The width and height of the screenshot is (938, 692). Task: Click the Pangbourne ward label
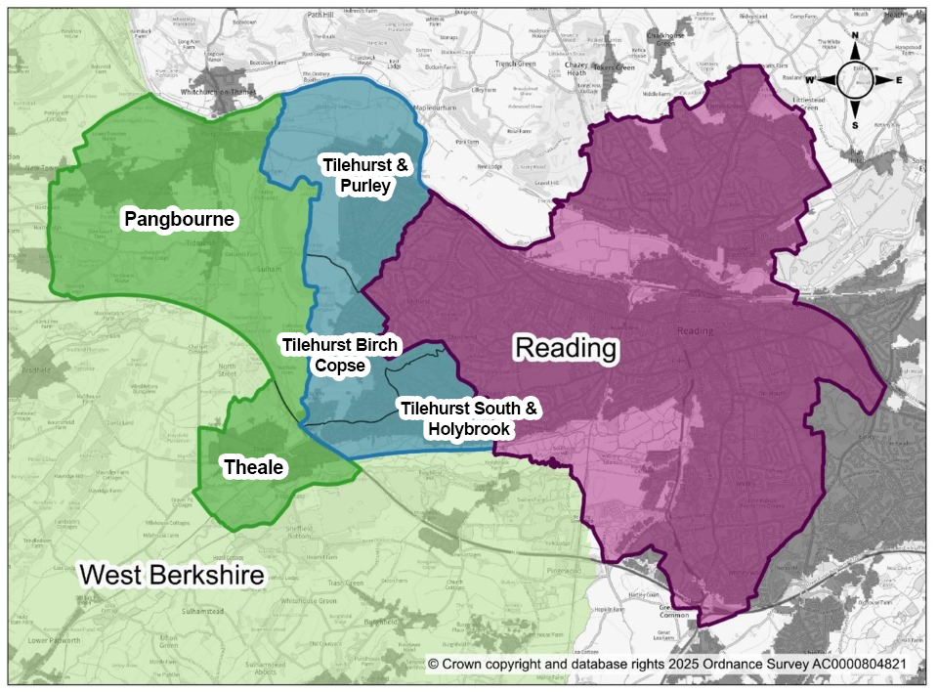tap(179, 219)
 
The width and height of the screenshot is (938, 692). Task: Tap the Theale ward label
tap(253, 468)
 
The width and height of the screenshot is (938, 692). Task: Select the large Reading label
tap(567, 348)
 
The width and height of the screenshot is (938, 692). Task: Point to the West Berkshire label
tap(172, 575)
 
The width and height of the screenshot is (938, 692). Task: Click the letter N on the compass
tap(856, 38)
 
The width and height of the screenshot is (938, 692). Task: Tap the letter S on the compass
tap(856, 125)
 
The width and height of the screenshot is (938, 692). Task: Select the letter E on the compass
tap(899, 80)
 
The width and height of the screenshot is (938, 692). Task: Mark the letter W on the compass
tap(812, 80)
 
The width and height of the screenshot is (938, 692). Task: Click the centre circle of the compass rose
tap(856, 81)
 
